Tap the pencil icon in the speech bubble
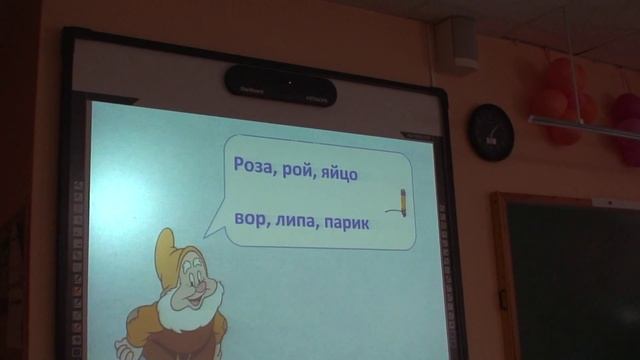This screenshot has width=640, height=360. coord(402,200)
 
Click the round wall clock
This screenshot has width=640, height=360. coord(491,131)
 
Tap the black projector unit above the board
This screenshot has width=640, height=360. coord(280,86)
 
